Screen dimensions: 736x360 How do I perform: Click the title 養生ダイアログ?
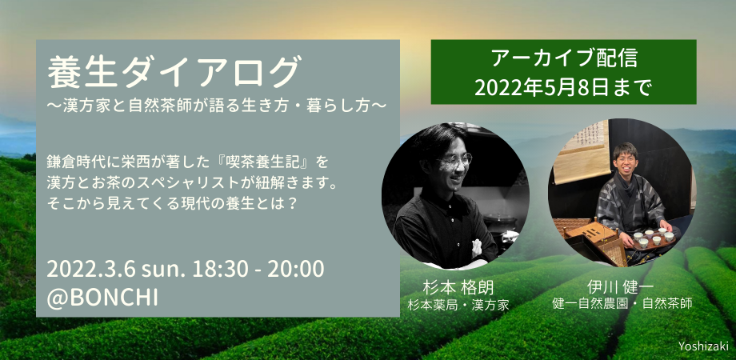(x=174, y=73)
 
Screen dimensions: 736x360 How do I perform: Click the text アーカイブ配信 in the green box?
(x=563, y=60)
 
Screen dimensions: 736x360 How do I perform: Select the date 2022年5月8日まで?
(x=563, y=87)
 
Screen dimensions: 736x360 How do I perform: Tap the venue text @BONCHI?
(x=102, y=298)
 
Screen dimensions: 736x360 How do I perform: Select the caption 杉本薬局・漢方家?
(x=458, y=304)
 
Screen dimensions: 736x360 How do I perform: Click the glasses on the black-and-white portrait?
(x=454, y=161)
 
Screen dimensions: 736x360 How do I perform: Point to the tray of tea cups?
(x=654, y=238)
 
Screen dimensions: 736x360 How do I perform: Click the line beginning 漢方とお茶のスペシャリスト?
(x=191, y=183)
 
